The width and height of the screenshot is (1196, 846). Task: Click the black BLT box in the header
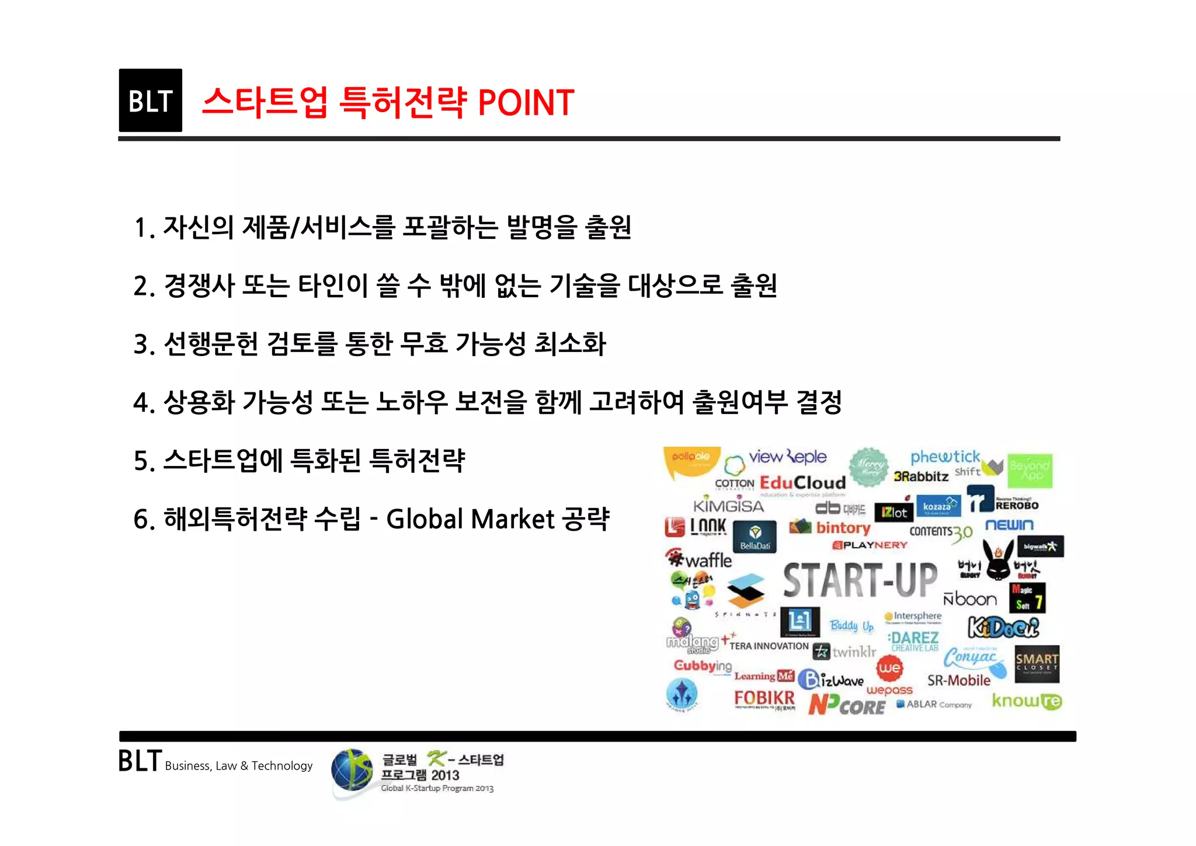click(x=150, y=100)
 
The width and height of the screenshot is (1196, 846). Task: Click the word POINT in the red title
click(x=526, y=103)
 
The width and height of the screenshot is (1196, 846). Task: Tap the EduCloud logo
click(x=802, y=483)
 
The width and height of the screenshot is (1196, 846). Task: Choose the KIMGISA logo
click(x=728, y=506)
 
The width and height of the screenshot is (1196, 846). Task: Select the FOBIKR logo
click(x=764, y=698)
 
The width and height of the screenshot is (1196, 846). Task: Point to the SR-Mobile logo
click(x=959, y=680)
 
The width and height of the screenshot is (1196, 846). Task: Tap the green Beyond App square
click(x=1030, y=471)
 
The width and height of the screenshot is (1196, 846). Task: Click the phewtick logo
click(x=945, y=457)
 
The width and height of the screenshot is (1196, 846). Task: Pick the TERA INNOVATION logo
click(x=768, y=646)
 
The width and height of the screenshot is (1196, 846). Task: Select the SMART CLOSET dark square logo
click(x=1037, y=664)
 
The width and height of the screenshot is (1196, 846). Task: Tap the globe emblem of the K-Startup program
click(x=352, y=771)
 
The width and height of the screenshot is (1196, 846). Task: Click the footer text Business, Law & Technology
click(x=238, y=766)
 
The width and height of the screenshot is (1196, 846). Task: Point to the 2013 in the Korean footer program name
click(x=445, y=775)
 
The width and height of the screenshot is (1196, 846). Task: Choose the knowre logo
click(x=1027, y=701)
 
